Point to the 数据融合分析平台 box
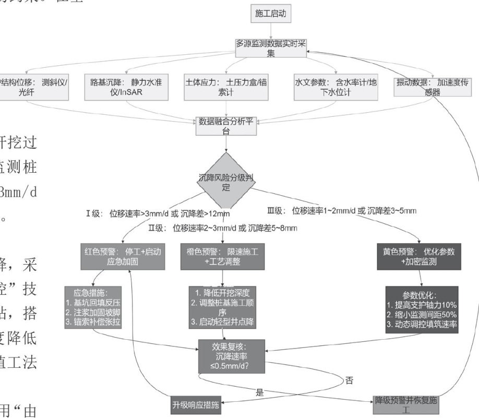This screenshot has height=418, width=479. (226, 126)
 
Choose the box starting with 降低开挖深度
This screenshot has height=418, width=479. (223, 307)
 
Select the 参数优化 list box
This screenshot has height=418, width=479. (421, 307)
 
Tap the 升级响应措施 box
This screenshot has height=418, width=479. (196, 404)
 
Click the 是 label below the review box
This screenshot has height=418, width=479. (259, 392)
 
